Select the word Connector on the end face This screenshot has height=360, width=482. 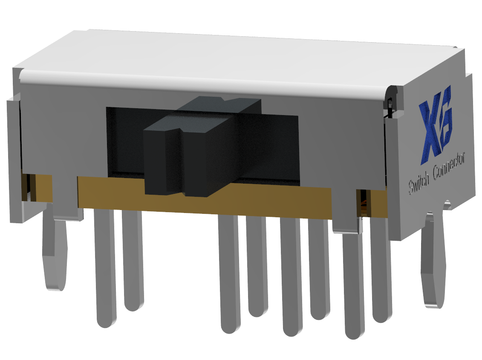coord(450,166)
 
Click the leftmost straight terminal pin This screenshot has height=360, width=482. coord(105,268)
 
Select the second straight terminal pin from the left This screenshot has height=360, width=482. coord(133,260)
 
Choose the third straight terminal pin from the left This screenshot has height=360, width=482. coord(230,273)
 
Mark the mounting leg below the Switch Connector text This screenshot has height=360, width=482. coord(433,260)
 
